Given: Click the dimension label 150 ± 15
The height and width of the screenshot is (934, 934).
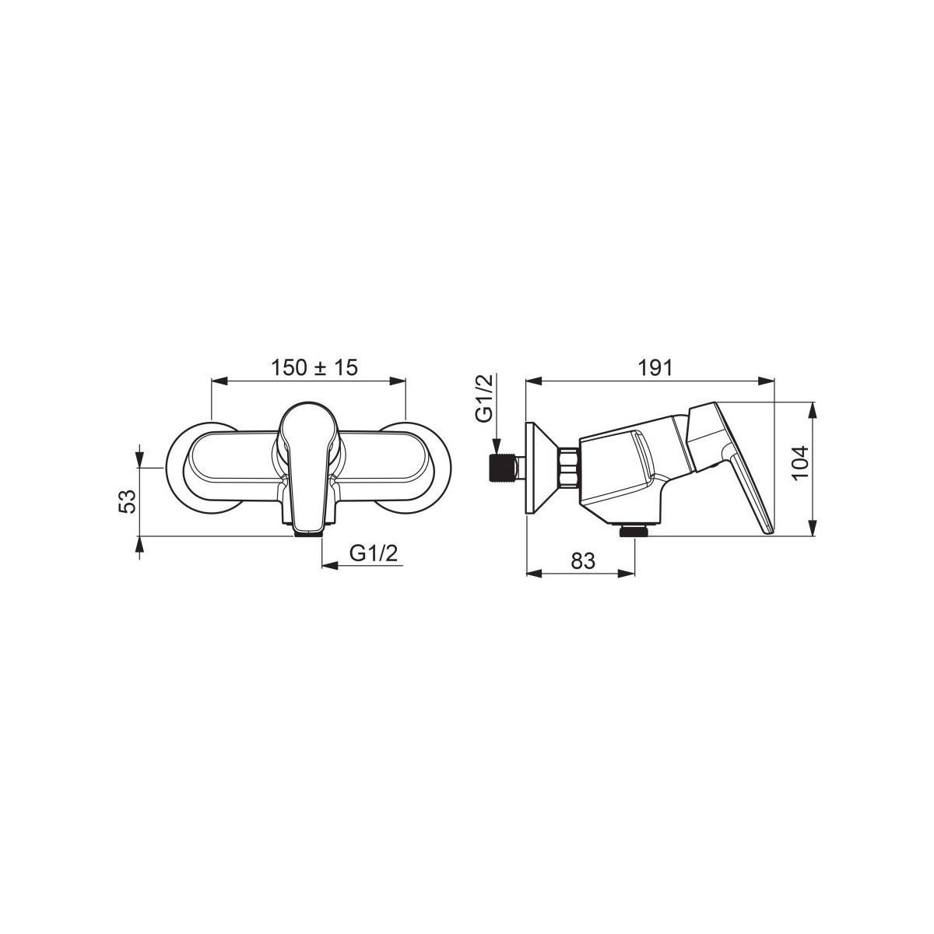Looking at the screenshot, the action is click(x=314, y=367).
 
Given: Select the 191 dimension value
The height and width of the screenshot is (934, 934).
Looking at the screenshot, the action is click(x=655, y=368).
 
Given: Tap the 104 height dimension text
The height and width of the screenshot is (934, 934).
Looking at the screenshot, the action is click(x=800, y=463).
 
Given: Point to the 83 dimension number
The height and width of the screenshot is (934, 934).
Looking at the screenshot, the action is click(x=582, y=560).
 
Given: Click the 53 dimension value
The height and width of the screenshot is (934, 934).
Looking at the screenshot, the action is click(x=127, y=502).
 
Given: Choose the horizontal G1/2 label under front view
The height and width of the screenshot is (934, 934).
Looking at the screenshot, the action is click(x=374, y=553).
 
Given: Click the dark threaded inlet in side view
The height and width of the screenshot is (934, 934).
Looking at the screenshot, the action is click(x=502, y=468).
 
